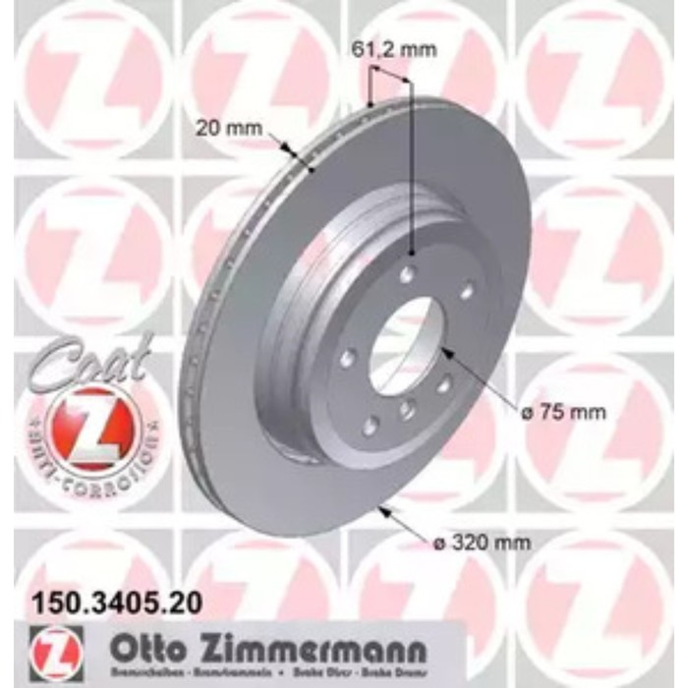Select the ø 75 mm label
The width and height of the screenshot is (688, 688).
(564, 412)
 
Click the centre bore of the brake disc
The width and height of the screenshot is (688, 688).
(404, 344)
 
